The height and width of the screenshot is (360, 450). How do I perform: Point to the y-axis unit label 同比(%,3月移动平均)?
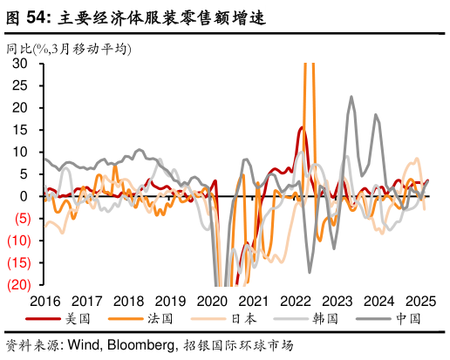69,49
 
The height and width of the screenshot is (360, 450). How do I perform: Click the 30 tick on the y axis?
20,64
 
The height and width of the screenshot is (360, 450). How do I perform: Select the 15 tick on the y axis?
20,130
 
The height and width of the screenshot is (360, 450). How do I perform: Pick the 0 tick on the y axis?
24,196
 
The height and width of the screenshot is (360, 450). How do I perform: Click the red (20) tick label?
17,284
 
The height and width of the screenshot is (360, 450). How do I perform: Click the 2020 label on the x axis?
211,301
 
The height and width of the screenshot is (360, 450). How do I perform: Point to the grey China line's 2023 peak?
351,97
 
